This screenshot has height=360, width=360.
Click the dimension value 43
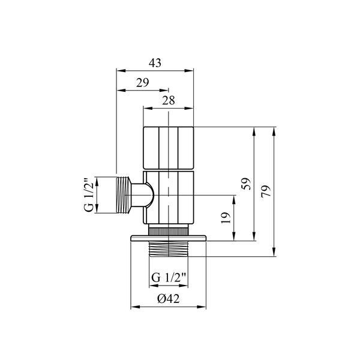pyautogui.click(x=155, y=63)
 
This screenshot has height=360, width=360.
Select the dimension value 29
pyautogui.click(x=143, y=83)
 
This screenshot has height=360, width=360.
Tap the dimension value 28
pyautogui.click(x=169, y=101)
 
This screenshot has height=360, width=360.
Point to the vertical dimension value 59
pyautogui.click(x=246, y=184)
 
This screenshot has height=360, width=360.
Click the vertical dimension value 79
pyautogui.click(x=266, y=191)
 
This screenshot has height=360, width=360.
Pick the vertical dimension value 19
pyautogui.click(x=226, y=218)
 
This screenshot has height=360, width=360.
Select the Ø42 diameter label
pyautogui.click(x=168, y=299)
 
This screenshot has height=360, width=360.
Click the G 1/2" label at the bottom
pyautogui.click(x=168, y=278)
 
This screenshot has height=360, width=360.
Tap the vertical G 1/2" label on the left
pyautogui.click(x=89, y=195)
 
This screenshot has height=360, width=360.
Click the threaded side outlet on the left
pyautogui.click(x=124, y=195)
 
